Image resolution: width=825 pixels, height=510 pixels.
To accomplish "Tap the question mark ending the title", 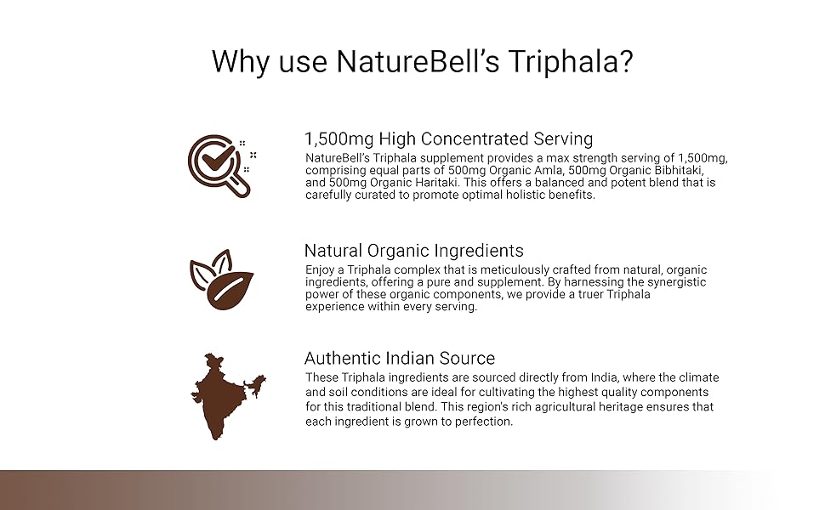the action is pos(625,60).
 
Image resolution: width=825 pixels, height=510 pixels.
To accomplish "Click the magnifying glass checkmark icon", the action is pos(221,166).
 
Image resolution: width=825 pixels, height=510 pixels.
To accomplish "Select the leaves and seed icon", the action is pos(221,279).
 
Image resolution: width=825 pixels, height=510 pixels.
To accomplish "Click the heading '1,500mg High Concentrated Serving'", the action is pos(449,139).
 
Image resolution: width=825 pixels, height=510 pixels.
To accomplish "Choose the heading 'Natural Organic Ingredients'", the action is pos(414,250).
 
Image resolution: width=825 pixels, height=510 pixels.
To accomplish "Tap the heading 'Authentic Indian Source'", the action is pos(400,358).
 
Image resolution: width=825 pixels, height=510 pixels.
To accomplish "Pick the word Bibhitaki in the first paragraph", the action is pos(679,170).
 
